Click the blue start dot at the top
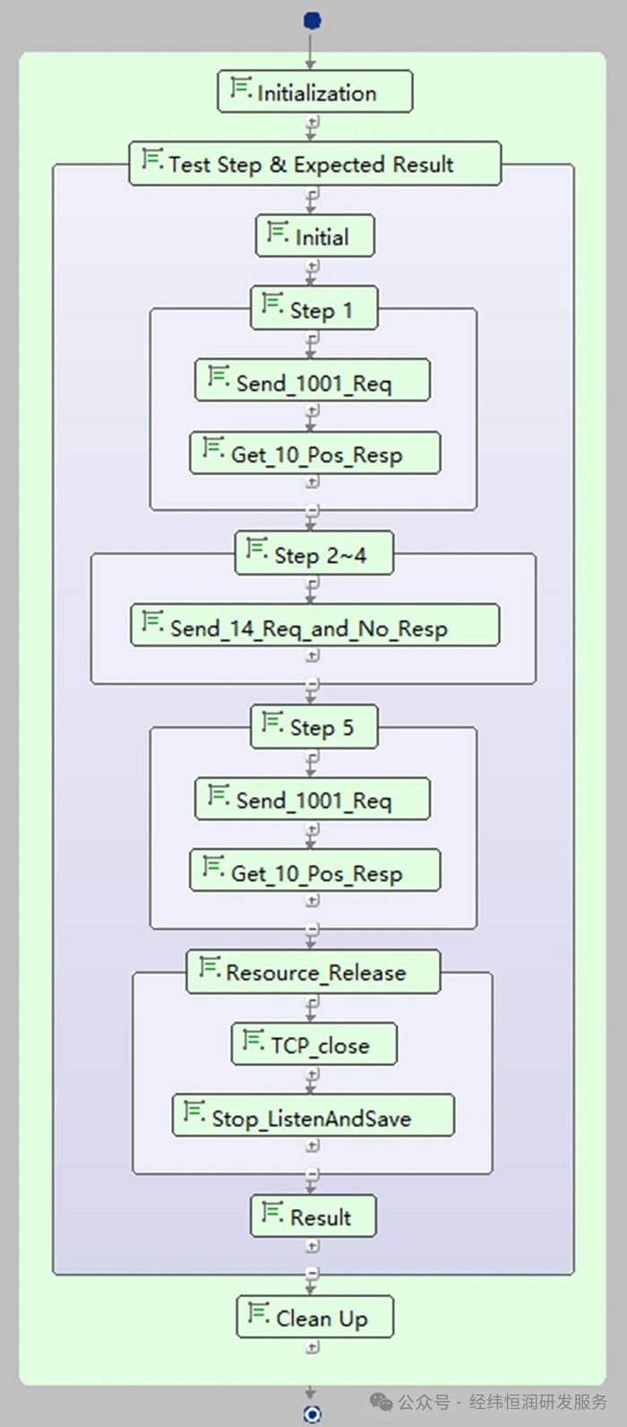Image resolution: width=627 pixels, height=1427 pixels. click(312, 21)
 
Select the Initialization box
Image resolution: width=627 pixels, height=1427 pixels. click(315, 91)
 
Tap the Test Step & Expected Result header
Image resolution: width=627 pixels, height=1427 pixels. click(315, 164)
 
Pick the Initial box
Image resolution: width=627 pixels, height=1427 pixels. click(315, 237)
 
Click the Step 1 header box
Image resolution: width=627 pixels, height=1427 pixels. click(314, 308)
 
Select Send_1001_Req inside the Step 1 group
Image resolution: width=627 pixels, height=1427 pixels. click(313, 380)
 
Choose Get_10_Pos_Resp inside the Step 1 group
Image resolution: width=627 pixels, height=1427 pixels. click(315, 453)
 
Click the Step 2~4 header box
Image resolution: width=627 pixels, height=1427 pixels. click(314, 554)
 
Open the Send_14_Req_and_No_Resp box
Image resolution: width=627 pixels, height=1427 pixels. click(315, 626)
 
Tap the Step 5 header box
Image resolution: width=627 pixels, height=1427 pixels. click(314, 727)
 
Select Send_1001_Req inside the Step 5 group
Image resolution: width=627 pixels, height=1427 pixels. click(313, 799)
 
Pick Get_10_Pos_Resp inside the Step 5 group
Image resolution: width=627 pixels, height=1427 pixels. click(315, 870)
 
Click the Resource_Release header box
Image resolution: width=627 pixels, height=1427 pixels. click(313, 973)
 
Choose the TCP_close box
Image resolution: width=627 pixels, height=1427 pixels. click(314, 1044)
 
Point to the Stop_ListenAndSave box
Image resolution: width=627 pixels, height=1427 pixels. click(313, 1115)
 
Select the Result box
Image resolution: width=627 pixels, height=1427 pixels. click(313, 1216)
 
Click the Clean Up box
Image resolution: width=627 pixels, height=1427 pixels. click(315, 1317)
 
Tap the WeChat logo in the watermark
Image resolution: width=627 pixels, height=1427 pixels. click(382, 1402)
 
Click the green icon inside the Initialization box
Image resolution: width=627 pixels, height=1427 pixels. click(240, 87)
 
